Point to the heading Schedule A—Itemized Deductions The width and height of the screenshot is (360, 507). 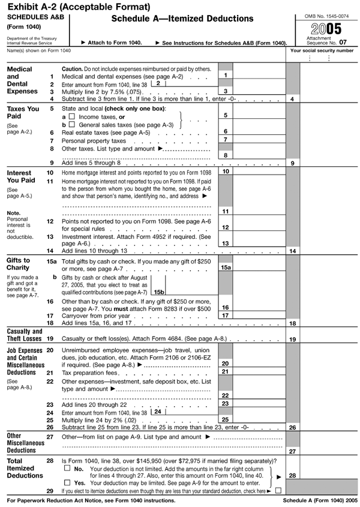[182, 19]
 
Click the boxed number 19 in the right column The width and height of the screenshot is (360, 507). [292, 340]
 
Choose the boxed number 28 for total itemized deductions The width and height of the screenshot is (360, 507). [292, 476]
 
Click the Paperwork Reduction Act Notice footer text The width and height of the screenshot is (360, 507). [90, 500]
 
